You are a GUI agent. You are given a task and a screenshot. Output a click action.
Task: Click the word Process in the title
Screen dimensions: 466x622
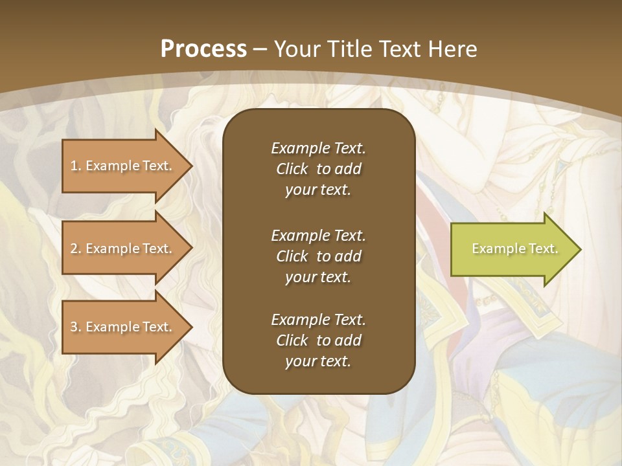[x=203, y=49]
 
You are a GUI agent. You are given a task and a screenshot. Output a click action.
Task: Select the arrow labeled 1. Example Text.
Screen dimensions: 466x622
[x=123, y=166]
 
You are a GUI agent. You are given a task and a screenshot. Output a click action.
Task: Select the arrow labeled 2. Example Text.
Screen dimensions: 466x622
[x=123, y=249]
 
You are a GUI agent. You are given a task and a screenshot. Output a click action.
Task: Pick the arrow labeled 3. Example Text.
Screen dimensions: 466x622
[x=123, y=327]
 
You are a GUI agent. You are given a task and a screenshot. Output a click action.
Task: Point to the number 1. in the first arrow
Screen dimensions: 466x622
[x=76, y=166]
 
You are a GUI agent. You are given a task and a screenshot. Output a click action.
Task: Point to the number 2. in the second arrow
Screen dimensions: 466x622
[x=76, y=249]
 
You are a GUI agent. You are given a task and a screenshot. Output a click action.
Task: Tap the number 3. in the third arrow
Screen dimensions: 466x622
[x=76, y=327]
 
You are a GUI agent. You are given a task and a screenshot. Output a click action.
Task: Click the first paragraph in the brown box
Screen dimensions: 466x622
[x=318, y=169]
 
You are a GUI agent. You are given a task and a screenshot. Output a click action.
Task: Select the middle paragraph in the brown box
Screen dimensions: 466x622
[x=318, y=256]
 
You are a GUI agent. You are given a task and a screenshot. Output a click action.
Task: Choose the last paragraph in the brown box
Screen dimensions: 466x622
[x=318, y=340]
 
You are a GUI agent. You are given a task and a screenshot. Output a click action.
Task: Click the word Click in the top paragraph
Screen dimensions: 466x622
[x=292, y=169]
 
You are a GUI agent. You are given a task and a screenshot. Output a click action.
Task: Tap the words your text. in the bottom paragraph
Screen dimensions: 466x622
[x=318, y=362]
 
